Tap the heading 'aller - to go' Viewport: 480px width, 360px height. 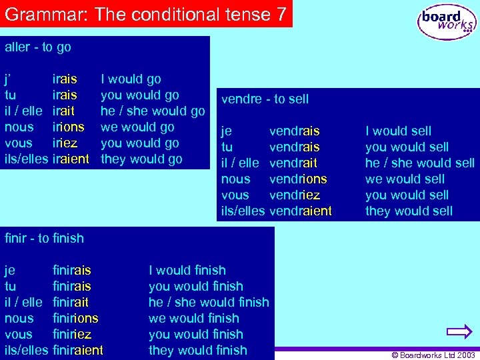coord(38,47)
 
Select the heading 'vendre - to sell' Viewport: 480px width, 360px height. coord(265,99)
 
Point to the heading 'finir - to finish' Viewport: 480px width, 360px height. coord(44,238)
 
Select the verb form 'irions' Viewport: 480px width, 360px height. coord(68,127)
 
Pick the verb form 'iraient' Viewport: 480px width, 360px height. coord(70,159)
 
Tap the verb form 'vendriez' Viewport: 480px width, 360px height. coord(294,195)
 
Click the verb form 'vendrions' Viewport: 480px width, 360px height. coord(297,179)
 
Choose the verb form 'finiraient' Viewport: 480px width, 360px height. coord(77,351)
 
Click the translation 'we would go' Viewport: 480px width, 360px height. coord(137,127)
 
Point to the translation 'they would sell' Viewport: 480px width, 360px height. coord(409,211)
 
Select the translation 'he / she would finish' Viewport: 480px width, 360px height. coord(209,303)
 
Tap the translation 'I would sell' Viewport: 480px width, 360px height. coord(398,131)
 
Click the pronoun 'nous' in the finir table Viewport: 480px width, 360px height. coord(19,319)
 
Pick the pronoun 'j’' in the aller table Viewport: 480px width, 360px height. coord(9,79)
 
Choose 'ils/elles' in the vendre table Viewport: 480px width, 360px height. coord(243,211)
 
